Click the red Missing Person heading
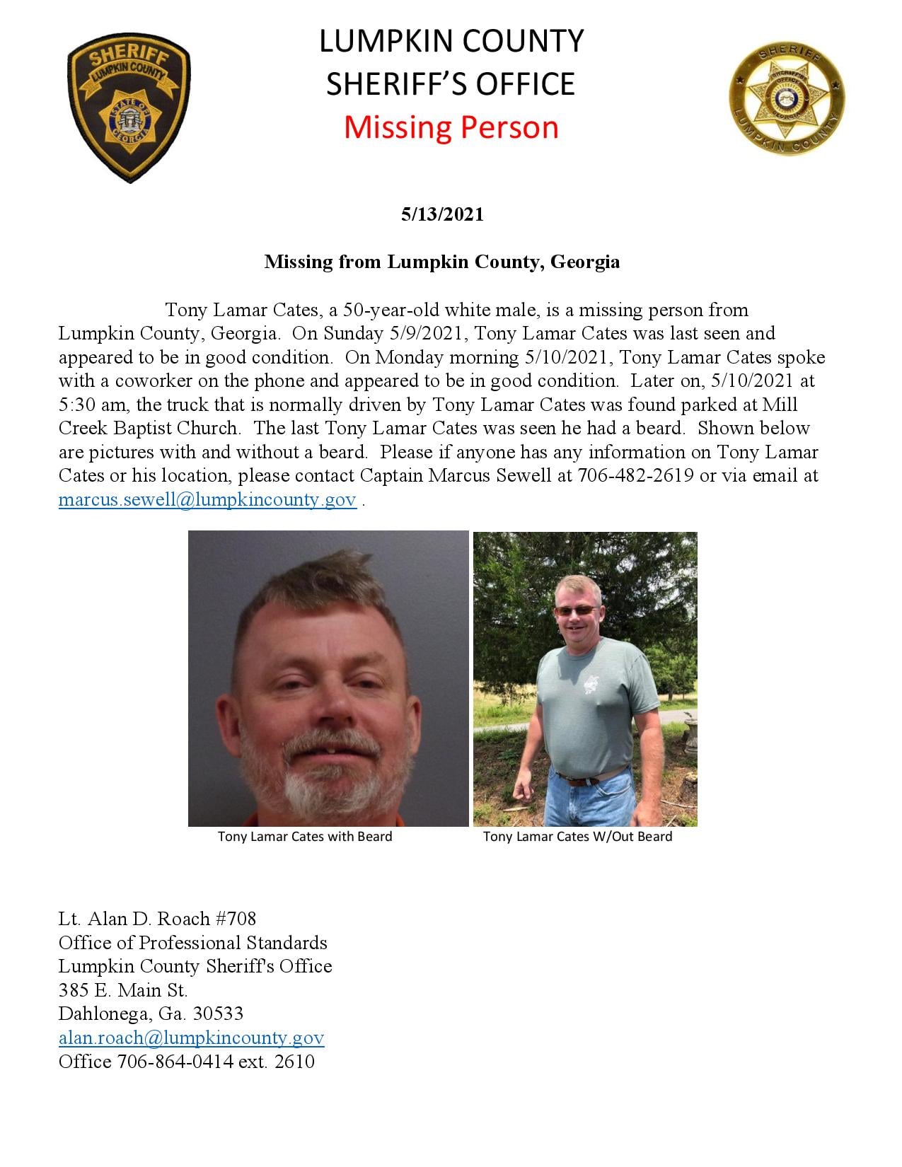[x=451, y=127]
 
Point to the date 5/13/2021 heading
[x=442, y=214]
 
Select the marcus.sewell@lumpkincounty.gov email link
[x=207, y=499]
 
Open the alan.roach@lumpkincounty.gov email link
[x=191, y=1038]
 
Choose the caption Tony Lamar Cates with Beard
[x=304, y=837]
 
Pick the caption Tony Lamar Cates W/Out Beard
[x=577, y=837]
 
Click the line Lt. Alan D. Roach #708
[x=157, y=919]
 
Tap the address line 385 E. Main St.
[x=123, y=990]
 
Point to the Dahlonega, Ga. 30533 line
[x=151, y=1014]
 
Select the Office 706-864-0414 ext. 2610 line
[x=187, y=1062]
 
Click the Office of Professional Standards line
[x=193, y=943]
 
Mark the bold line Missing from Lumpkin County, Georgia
[x=442, y=262]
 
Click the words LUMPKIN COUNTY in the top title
[x=451, y=41]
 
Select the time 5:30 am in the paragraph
[x=91, y=405]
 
